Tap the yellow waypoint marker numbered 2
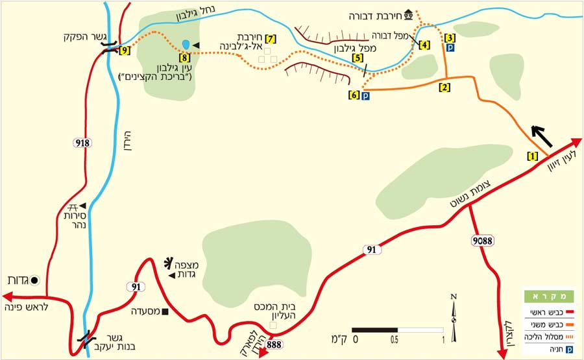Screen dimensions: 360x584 (444, 86)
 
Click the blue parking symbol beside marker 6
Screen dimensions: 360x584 (365, 95)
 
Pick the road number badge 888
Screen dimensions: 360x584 (274, 344)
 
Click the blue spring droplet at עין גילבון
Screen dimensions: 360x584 (186, 44)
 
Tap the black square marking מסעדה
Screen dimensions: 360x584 (165, 312)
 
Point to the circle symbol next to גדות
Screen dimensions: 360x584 (35, 280)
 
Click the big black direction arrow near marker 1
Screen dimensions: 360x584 (541, 136)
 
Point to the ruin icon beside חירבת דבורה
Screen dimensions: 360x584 (408, 14)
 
